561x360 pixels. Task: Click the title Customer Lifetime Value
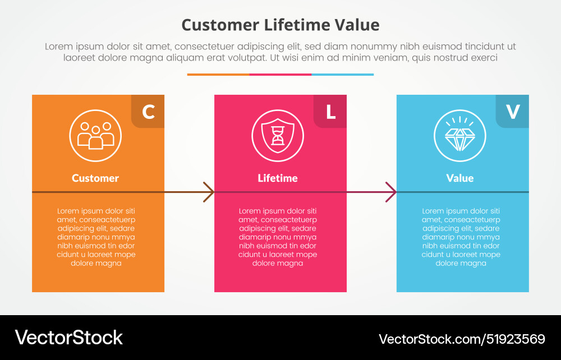click(280, 25)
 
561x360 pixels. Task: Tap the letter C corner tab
click(148, 112)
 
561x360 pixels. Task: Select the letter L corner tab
click(330, 112)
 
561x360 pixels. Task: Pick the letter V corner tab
click(513, 112)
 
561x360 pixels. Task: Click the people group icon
click(95, 136)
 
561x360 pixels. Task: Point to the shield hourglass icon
click(278, 136)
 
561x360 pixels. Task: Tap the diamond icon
click(460, 136)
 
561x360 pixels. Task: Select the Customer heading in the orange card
click(95, 178)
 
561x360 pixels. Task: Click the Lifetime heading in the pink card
click(278, 178)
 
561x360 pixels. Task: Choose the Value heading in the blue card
click(460, 178)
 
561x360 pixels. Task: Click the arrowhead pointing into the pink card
click(209, 192)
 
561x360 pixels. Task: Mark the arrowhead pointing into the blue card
click(391, 192)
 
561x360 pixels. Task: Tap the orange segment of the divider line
click(218, 75)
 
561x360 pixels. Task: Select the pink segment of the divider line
click(280, 75)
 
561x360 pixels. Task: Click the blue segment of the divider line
click(342, 75)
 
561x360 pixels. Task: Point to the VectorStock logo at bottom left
click(68, 338)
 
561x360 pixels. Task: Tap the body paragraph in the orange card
click(96, 237)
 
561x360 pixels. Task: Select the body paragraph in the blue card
click(461, 237)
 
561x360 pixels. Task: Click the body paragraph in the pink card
click(278, 237)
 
